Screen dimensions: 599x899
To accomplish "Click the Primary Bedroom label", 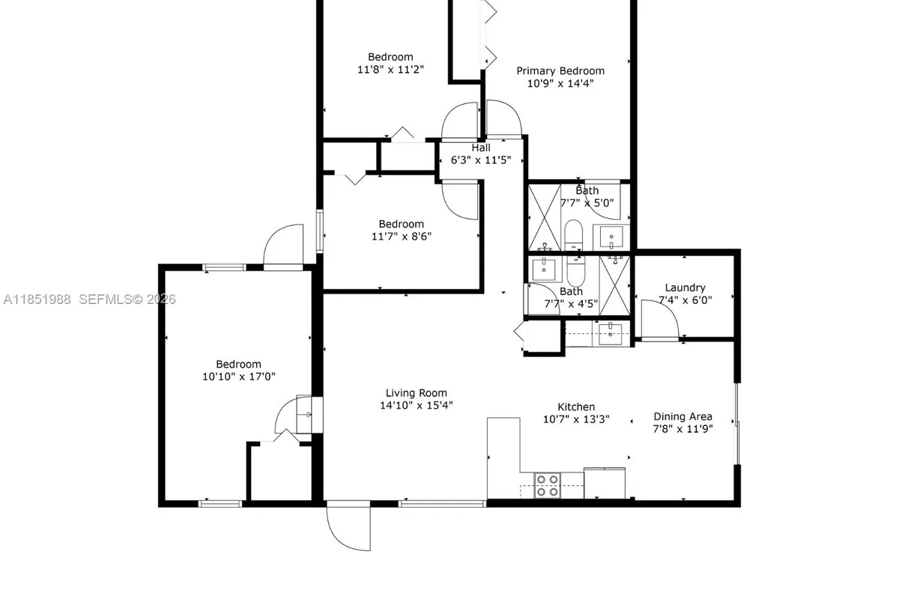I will pos(560,71).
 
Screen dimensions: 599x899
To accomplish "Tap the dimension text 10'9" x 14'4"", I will pos(560,84).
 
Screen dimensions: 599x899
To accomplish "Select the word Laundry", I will pos(685,288).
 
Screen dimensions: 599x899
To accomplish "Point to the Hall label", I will pos(481,148).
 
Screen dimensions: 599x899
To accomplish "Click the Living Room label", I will pos(416,392).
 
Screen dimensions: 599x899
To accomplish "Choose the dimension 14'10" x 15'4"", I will pos(416,405).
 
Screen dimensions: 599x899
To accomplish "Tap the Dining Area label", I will pos(682,416).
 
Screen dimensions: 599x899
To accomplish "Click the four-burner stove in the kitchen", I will pos(546,485).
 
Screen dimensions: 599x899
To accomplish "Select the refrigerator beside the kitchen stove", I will pos(605,483).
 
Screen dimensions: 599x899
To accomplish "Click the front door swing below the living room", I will pos(348,527).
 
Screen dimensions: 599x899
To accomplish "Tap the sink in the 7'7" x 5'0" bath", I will pos(612,238).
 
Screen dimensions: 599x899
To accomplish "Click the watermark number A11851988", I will pos(37,299).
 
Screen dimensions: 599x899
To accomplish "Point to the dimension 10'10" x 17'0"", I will pos(239,377).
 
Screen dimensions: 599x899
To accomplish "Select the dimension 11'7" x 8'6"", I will pos(401,237).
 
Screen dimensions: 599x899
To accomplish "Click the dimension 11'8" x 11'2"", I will pos(390,70).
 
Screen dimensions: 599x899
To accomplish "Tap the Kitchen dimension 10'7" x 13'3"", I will pos(576,419).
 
